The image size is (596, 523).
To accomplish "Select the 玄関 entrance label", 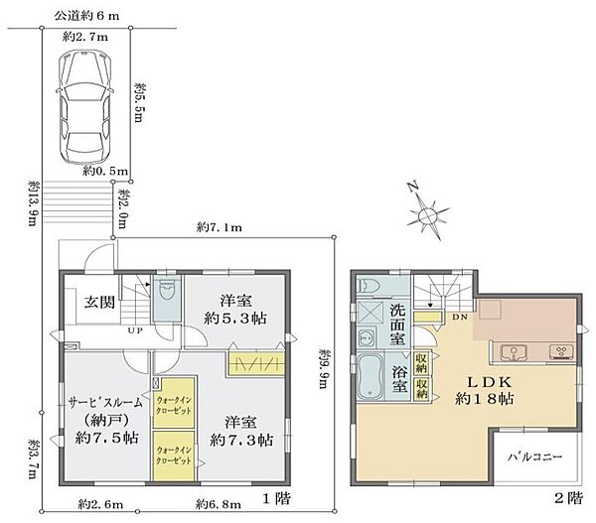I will pyautogui.click(x=97, y=303).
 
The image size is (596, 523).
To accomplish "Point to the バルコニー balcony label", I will pyautogui.click(x=536, y=458).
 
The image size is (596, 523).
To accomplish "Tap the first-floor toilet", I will pyautogui.click(x=166, y=289).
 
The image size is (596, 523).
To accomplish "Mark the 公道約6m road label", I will pyautogui.click(x=86, y=15).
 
